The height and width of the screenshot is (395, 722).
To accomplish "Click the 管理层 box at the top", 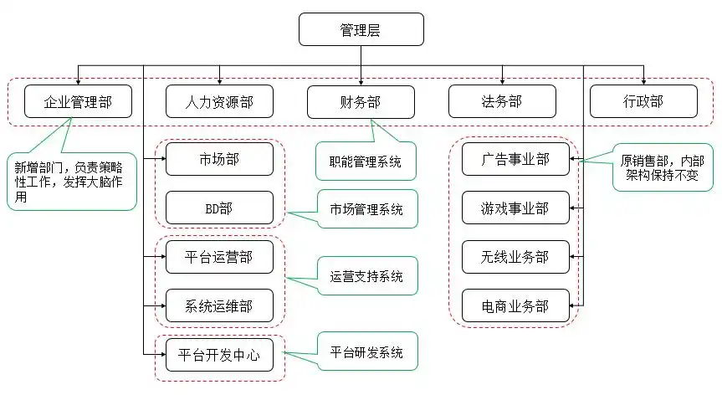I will (x=361, y=29).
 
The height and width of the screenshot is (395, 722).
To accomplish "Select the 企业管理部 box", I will (x=78, y=102).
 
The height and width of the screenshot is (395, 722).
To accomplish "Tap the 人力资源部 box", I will (x=219, y=102).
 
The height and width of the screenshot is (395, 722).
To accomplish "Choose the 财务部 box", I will (x=361, y=102).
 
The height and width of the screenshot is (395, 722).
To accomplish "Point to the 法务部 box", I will (x=502, y=102).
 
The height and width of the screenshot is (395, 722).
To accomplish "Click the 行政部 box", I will (x=643, y=102).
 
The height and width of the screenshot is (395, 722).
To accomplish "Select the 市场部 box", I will (x=219, y=159).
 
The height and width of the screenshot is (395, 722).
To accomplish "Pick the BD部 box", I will (x=219, y=208).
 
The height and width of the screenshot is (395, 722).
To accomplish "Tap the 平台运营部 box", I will (x=219, y=257).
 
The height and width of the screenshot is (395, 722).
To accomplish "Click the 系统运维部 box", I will (x=219, y=306).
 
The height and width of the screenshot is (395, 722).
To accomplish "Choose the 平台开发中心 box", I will (x=219, y=356).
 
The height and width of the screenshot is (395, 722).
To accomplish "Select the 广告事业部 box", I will (x=515, y=159).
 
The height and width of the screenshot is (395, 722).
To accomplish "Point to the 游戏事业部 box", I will (x=515, y=208).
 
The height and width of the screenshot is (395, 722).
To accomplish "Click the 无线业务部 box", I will (x=515, y=257).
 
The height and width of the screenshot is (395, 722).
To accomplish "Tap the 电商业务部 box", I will (x=515, y=306).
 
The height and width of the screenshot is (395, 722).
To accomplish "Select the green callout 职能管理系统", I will (x=366, y=162).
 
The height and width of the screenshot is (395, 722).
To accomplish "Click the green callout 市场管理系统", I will (x=366, y=209).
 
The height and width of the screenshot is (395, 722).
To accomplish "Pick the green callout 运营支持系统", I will (x=366, y=276).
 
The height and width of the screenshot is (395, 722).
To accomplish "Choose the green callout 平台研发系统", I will (x=366, y=352).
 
